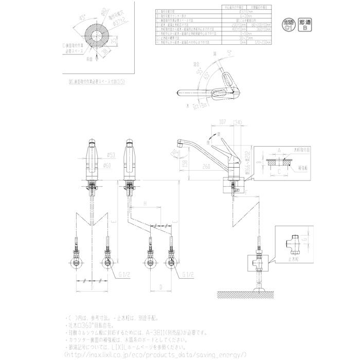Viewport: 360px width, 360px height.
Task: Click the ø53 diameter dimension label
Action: (109, 155)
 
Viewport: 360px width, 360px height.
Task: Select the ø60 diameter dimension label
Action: (109, 165)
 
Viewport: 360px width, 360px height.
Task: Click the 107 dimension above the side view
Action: (208, 122)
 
